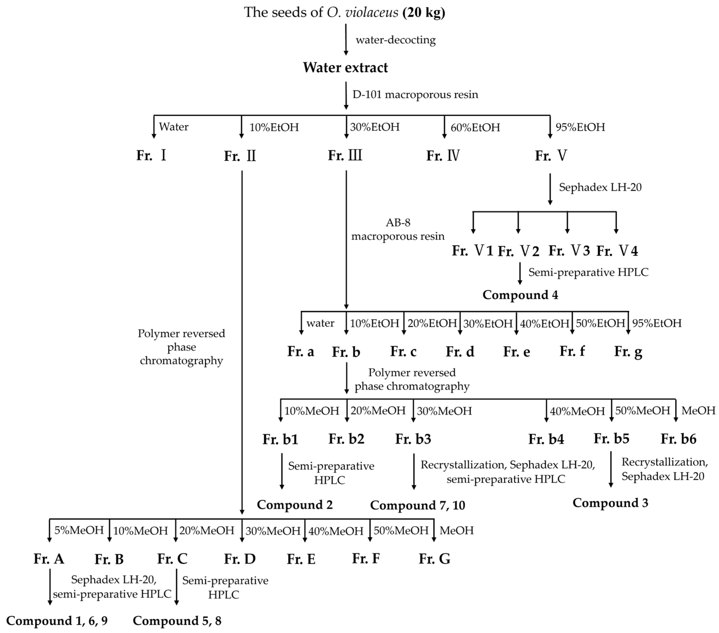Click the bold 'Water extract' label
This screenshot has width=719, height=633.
click(345, 68)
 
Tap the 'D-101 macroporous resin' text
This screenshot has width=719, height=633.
click(415, 95)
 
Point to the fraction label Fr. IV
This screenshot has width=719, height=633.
click(443, 155)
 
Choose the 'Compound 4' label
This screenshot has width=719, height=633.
click(520, 295)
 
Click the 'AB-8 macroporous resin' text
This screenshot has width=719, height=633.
click(398, 229)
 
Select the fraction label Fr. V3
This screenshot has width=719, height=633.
click(569, 251)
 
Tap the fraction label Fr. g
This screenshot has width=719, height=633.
click(628, 351)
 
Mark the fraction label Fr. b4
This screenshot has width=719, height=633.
click(546, 439)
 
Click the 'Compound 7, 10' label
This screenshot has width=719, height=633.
click(418, 505)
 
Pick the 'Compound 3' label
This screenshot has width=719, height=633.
click(610, 503)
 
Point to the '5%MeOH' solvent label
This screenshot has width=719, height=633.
click(79, 530)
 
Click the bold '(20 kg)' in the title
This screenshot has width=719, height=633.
click(424, 12)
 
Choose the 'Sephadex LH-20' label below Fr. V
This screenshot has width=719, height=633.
click(600, 187)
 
